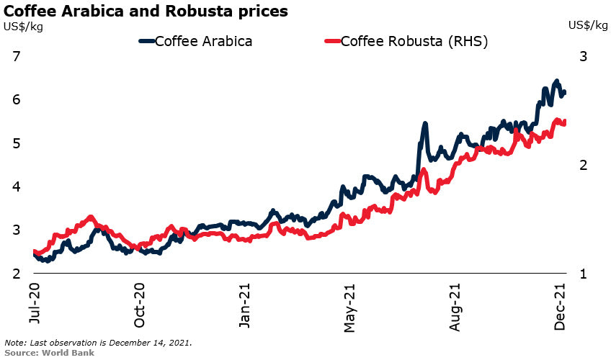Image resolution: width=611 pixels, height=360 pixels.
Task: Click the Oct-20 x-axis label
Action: (139, 306)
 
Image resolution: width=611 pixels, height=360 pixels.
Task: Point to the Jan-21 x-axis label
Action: (245, 306)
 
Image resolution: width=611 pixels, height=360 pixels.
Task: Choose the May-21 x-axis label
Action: (350, 306)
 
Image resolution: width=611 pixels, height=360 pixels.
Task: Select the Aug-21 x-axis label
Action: (456, 306)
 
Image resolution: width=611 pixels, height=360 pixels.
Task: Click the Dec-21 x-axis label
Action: (561, 306)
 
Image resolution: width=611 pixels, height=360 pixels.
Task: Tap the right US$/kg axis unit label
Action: (587, 26)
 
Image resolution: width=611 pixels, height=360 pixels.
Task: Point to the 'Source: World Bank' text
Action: (49, 353)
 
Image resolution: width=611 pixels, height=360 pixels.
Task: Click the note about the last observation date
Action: (99, 343)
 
